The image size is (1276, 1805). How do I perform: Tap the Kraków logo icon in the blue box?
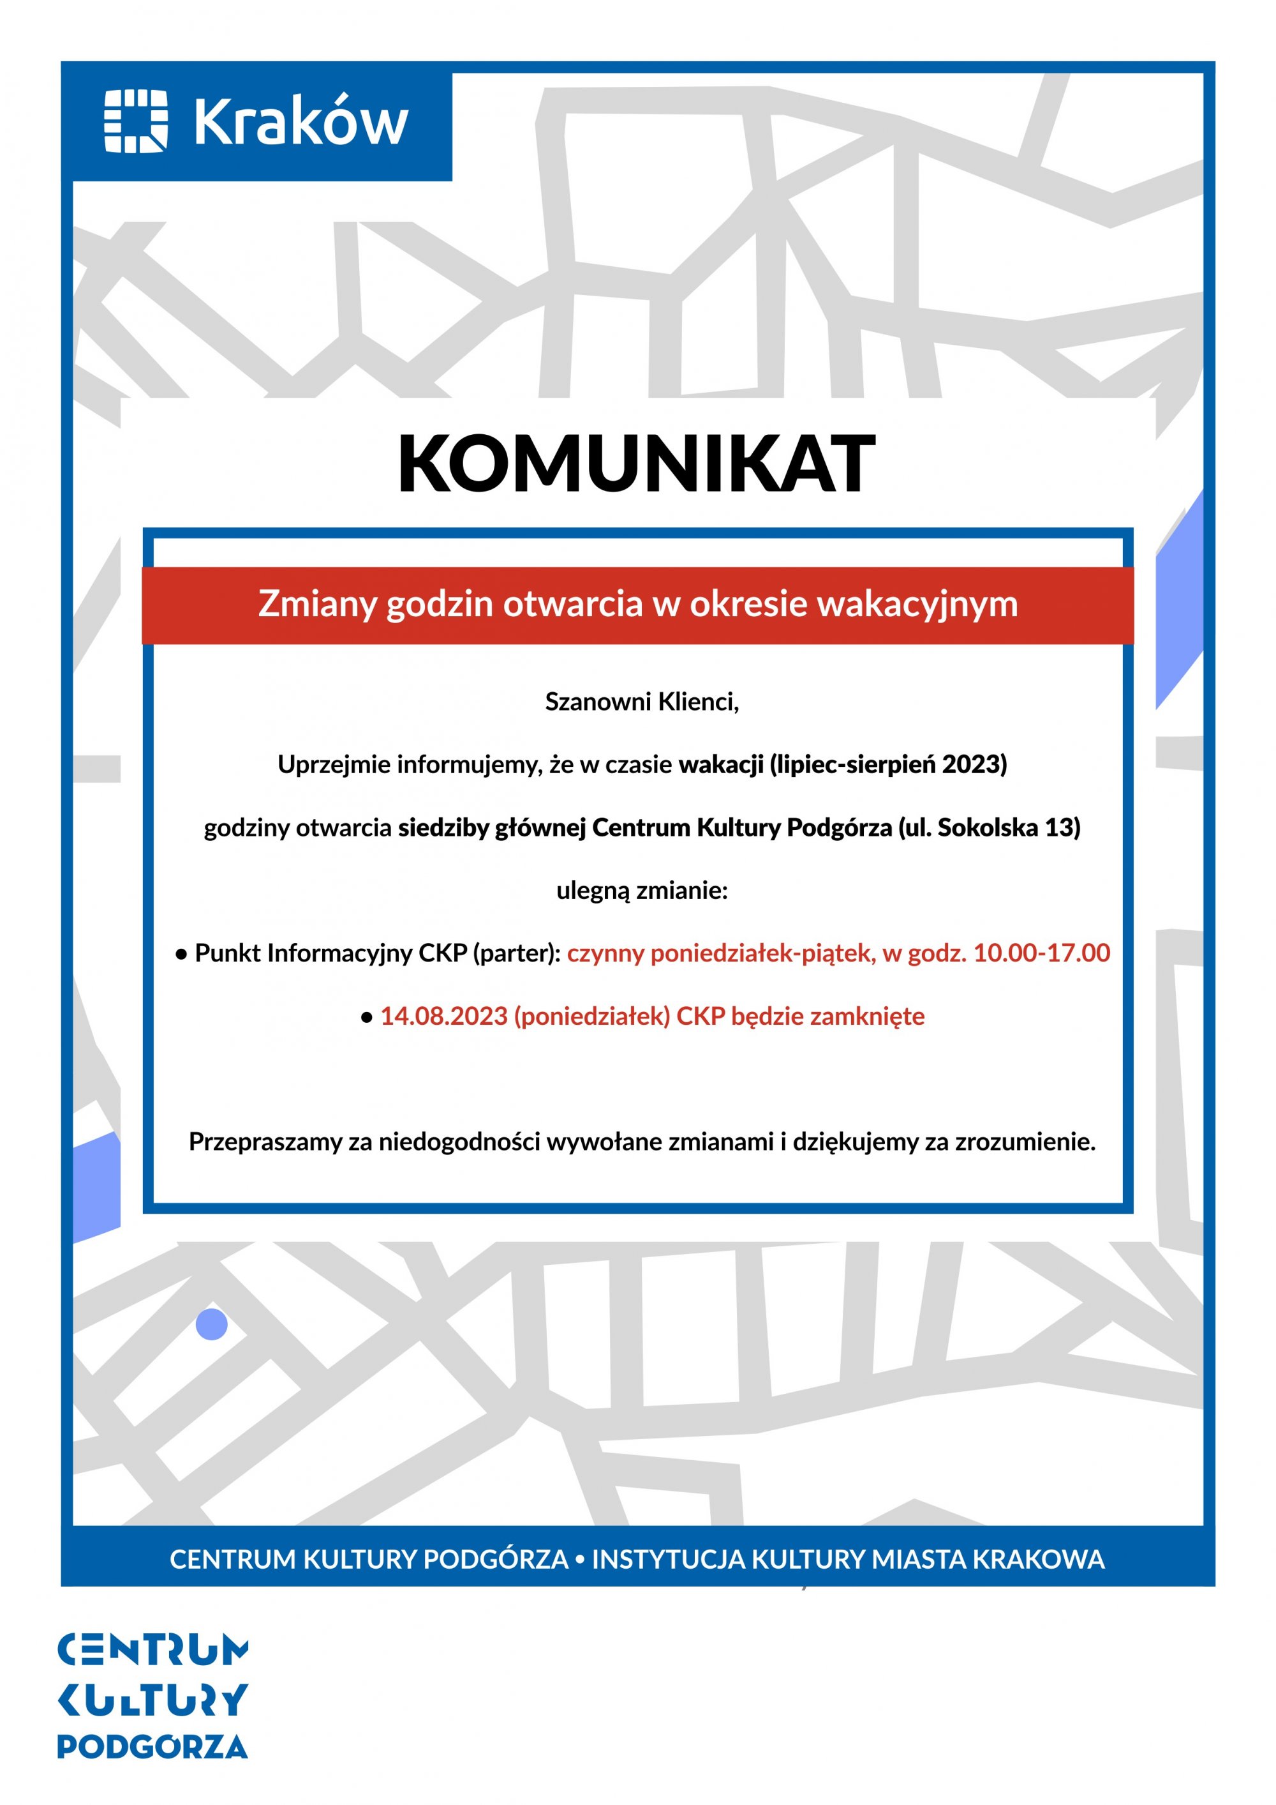click(x=136, y=121)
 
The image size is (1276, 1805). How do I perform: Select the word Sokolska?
click(x=988, y=827)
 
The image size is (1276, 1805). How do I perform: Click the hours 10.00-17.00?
click(x=1041, y=953)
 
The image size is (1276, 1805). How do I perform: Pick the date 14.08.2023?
click(x=444, y=1016)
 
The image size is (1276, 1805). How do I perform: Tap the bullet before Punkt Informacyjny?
click(x=181, y=955)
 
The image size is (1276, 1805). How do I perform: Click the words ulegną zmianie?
click(x=642, y=891)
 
